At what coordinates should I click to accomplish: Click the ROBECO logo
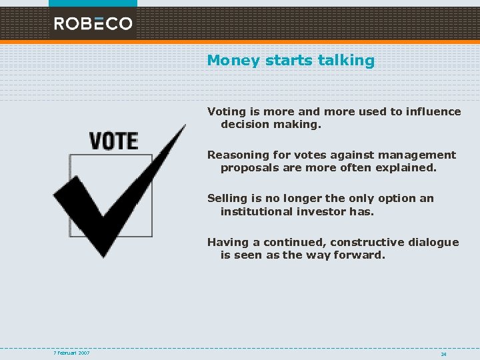coord(93,23)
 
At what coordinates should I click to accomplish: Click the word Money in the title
coord(233,61)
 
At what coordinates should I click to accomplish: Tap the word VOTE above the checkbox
coord(113,141)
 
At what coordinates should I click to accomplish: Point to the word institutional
coord(257,211)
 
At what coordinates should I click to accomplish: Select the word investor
coord(322,211)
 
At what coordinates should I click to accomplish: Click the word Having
coord(227,243)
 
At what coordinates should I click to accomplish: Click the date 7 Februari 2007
coord(72,353)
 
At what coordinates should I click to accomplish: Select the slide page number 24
coord(443,354)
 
